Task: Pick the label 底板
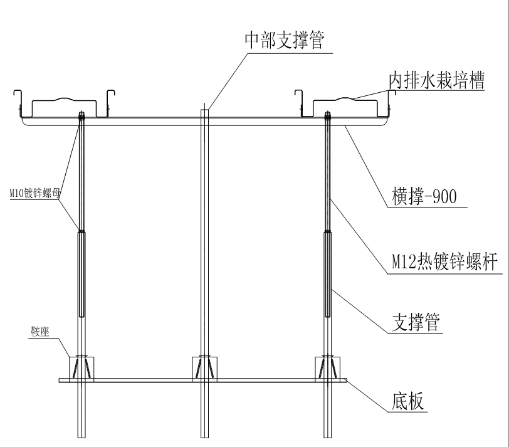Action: [x=401, y=401]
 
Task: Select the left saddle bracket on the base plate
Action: [x=80, y=367]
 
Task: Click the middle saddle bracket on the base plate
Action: [x=204, y=367]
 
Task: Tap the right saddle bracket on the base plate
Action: [x=328, y=367]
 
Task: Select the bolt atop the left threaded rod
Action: [x=81, y=115]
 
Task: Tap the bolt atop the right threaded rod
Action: [x=327, y=115]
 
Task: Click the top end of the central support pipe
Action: [x=204, y=108]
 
